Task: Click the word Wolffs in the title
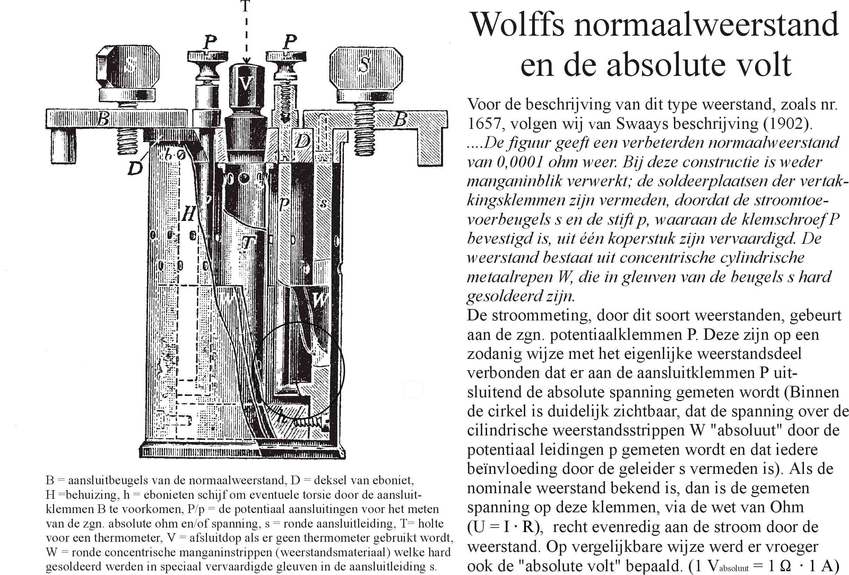519,25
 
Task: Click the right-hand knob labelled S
365,68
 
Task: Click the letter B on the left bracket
104,119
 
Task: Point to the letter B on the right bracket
400,119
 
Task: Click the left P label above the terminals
209,42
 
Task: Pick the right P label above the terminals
289,42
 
